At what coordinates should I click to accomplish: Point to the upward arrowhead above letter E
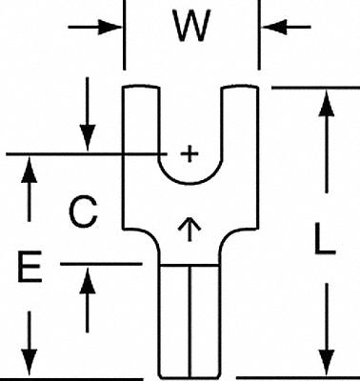click(30, 167)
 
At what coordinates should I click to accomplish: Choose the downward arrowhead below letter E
click(30, 363)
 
